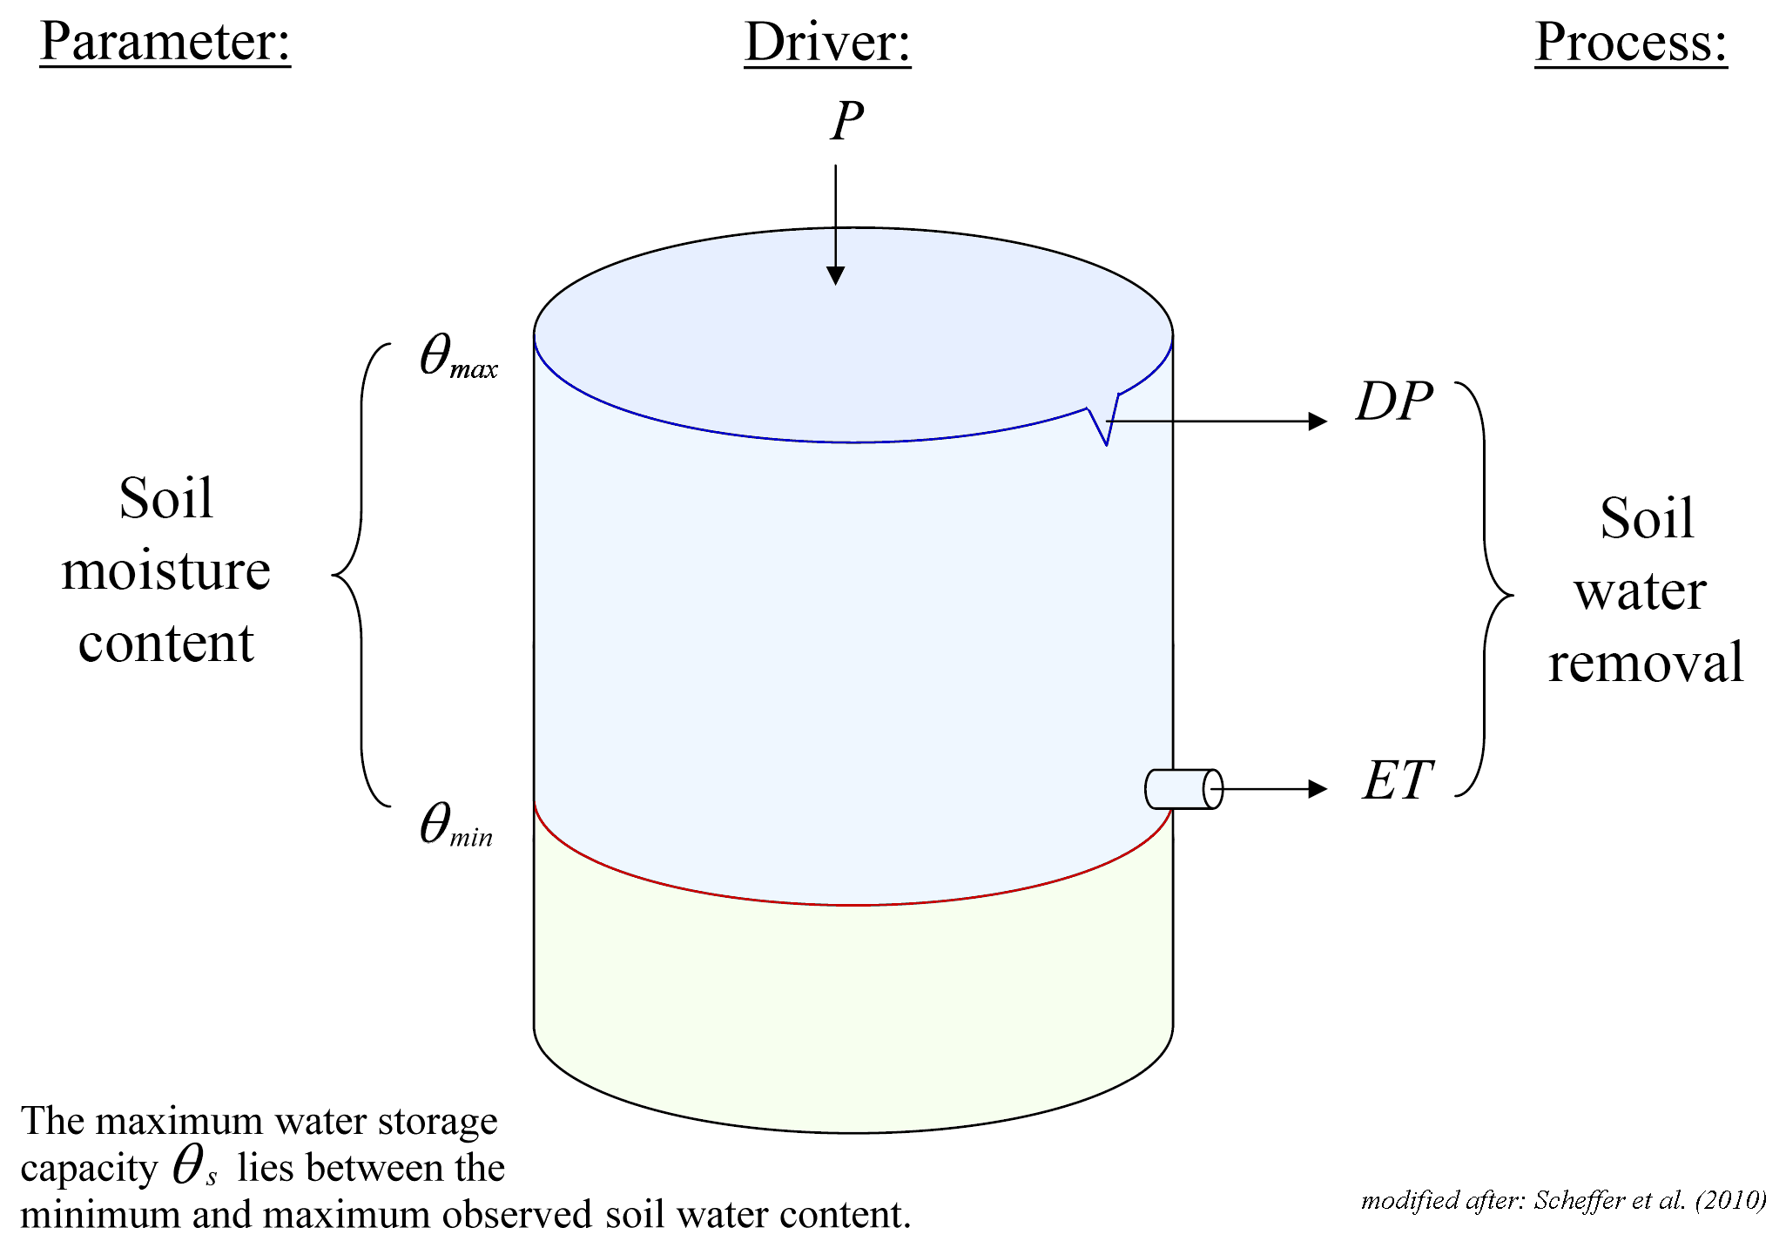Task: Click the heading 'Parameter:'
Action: coord(165,42)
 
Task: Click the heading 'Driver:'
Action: coord(827,42)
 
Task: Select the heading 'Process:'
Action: coord(1630,42)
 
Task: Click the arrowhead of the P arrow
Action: coord(836,275)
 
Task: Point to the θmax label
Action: coord(458,358)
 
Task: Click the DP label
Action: coord(1394,402)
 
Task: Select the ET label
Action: coord(1398,780)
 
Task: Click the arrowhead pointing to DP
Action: coord(1318,422)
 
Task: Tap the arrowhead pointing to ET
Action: coord(1318,789)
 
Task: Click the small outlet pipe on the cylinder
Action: coord(1183,789)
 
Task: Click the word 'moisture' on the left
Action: coord(165,571)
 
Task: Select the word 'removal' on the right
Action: coord(1646,662)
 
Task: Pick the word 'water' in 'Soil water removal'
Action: coord(1640,591)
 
